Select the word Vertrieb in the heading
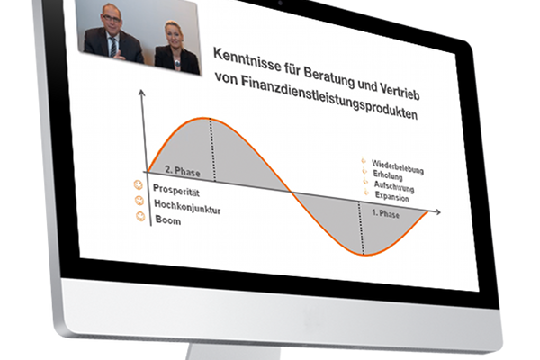pos(400,91)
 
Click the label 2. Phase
pos(183,171)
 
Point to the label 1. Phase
pos(386,213)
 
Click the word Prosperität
pos(176,190)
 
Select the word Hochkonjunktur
pos(187,207)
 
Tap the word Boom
pos(168,220)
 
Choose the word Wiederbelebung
pos(398,167)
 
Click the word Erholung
pos(388,175)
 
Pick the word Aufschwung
pos(394,186)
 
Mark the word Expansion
pos(392,196)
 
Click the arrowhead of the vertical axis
pos(141,93)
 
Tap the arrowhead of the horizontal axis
pos(437,211)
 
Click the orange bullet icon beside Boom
pos(140,216)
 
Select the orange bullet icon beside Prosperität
pos(138,185)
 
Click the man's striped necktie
pos(113,47)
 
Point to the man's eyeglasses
pos(112,18)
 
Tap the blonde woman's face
pos(172,34)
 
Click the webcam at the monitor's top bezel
pos(280,3)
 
